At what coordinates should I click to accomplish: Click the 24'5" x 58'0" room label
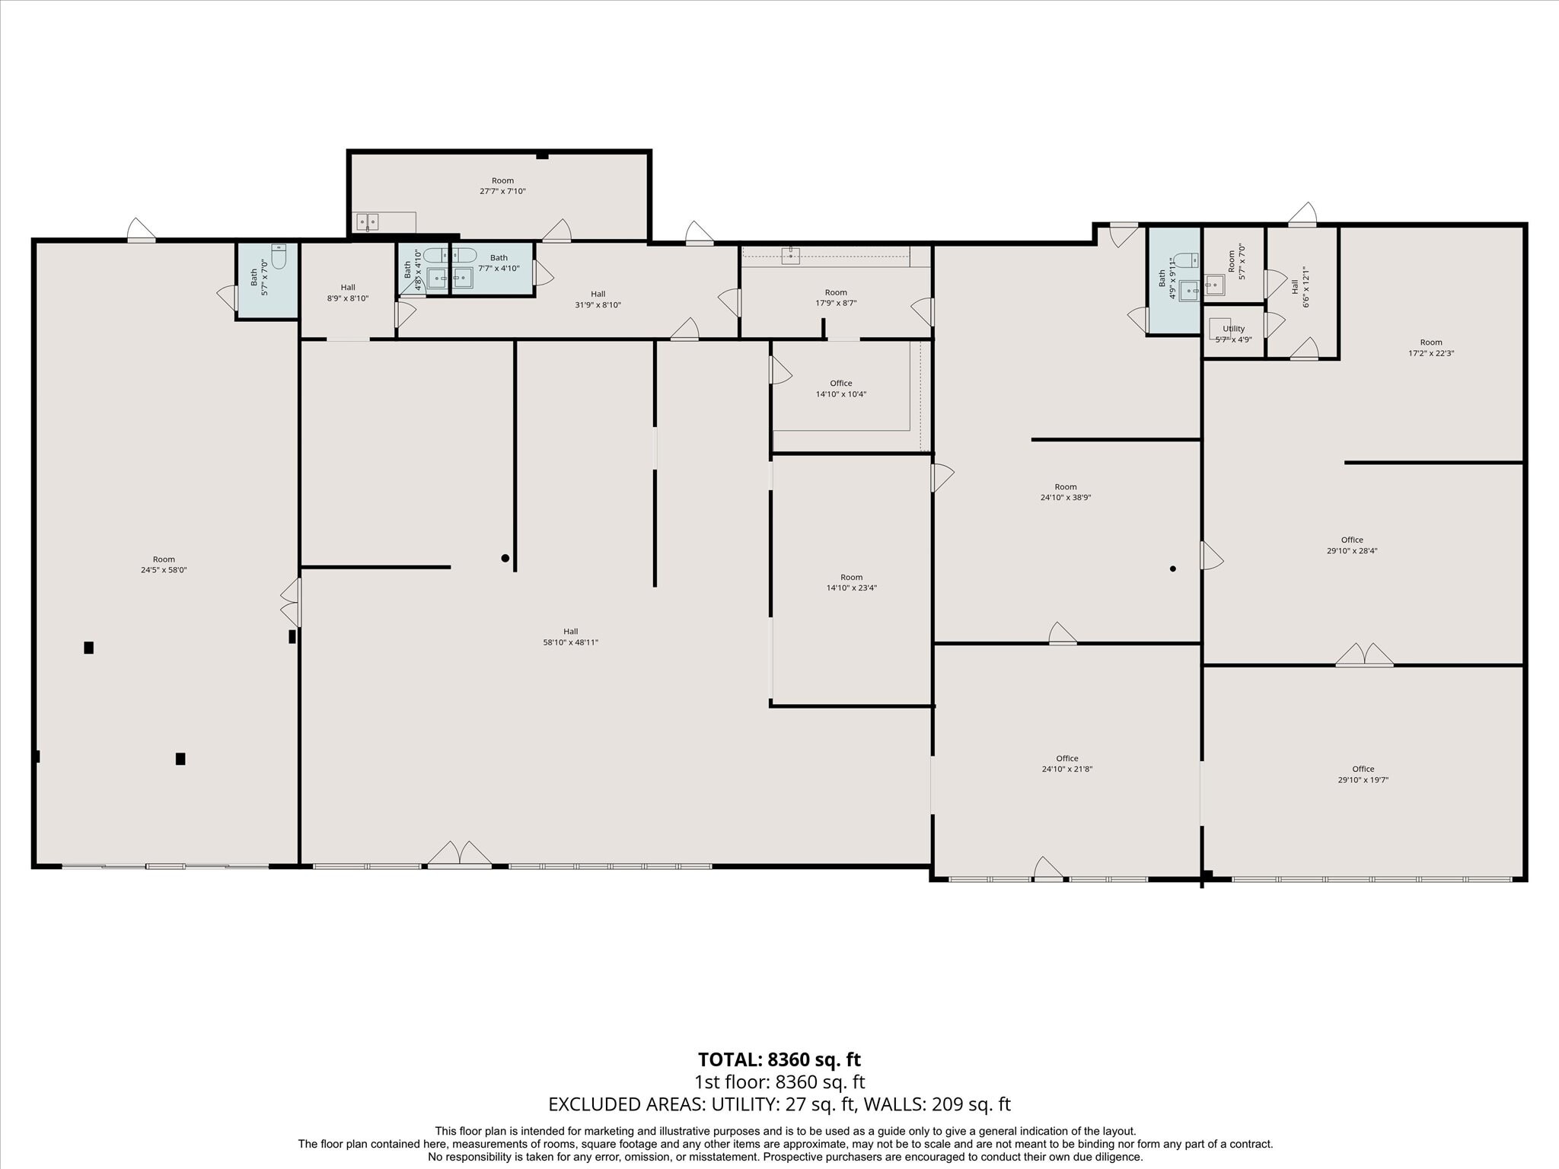coord(164,565)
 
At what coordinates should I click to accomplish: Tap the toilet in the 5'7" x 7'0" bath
coord(279,256)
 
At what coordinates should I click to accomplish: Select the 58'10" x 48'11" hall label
coord(571,637)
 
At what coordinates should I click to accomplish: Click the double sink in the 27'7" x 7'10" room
coord(368,221)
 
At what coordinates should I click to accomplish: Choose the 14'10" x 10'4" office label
coord(841,389)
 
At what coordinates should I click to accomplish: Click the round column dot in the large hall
coord(505,558)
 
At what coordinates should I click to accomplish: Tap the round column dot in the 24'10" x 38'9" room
coord(1172,569)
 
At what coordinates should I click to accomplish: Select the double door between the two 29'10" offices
coord(1364,655)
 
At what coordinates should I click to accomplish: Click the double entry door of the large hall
coord(459,853)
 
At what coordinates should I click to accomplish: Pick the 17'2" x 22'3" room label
coord(1431,348)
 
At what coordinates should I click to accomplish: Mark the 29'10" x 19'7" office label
coord(1363,774)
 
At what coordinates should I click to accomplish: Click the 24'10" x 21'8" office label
coord(1067,763)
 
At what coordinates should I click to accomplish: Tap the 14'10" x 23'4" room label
coord(852,582)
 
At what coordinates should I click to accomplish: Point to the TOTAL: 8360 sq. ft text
coord(779,1059)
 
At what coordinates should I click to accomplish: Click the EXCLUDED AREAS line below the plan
coord(779,1104)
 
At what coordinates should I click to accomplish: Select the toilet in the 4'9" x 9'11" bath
coord(1186,260)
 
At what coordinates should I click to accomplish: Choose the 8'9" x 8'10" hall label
coord(348,293)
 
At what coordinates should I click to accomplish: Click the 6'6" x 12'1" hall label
coord(1300,287)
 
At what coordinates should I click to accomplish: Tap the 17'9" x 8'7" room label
coord(836,298)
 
